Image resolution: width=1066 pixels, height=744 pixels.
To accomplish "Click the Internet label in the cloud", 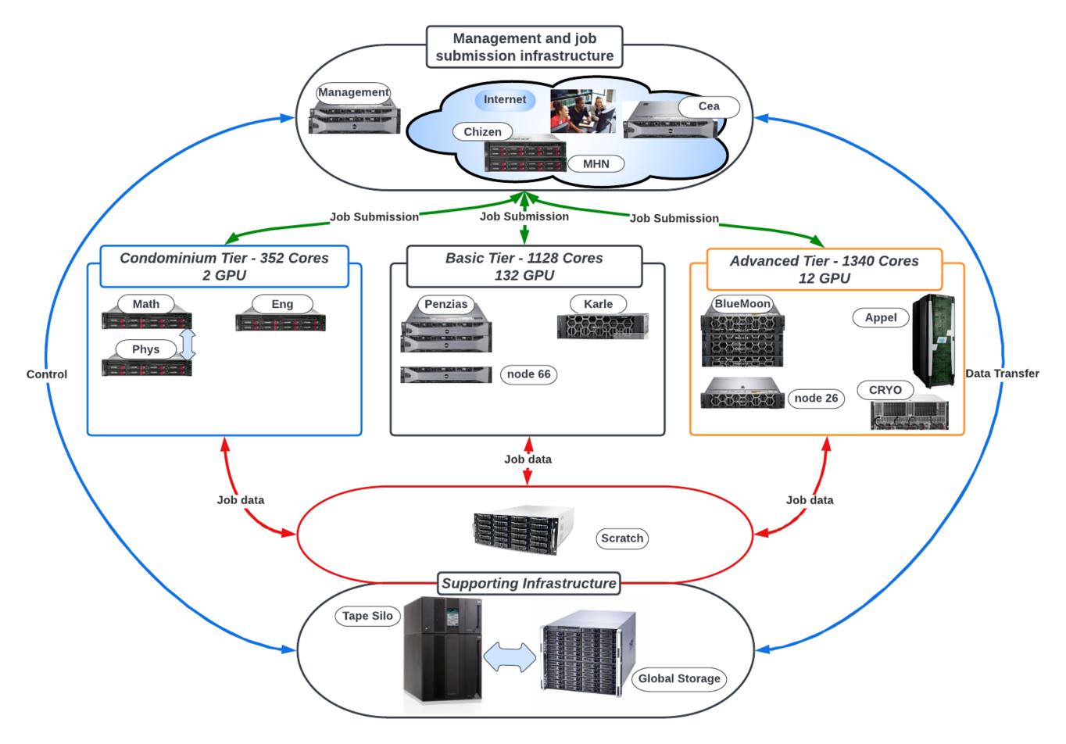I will (x=504, y=100).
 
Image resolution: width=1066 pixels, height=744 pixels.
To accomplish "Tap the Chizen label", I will (x=482, y=132).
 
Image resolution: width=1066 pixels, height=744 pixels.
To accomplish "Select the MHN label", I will (x=596, y=164).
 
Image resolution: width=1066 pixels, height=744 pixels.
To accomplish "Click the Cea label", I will (x=708, y=106).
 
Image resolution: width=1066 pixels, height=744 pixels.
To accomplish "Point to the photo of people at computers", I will (x=582, y=110).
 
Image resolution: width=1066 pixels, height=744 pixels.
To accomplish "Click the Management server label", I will (x=353, y=92).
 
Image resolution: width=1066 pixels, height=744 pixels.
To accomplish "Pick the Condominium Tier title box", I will (x=224, y=266).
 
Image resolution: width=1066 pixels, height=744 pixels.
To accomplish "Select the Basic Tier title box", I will (x=524, y=266).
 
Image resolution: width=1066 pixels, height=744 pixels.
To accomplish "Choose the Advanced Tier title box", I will (x=825, y=270).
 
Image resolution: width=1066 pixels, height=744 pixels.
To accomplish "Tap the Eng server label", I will (x=282, y=304).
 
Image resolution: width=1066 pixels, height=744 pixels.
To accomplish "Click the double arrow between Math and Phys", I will (x=188, y=344).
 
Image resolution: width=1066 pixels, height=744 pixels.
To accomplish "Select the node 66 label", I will (x=528, y=374).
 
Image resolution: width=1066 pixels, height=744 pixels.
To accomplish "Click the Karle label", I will (x=598, y=304).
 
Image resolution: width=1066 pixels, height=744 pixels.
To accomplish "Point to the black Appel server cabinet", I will (x=934, y=341).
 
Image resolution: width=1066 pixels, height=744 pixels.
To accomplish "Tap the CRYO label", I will (x=885, y=390).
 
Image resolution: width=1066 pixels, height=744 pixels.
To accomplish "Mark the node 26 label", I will (x=816, y=399).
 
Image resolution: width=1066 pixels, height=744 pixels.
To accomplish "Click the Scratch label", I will (x=622, y=538).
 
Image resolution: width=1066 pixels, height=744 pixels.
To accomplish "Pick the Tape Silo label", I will (x=367, y=616).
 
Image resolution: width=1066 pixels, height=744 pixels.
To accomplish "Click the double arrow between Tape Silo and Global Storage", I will (x=510, y=657).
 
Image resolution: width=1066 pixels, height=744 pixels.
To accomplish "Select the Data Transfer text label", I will (x=1002, y=374).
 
